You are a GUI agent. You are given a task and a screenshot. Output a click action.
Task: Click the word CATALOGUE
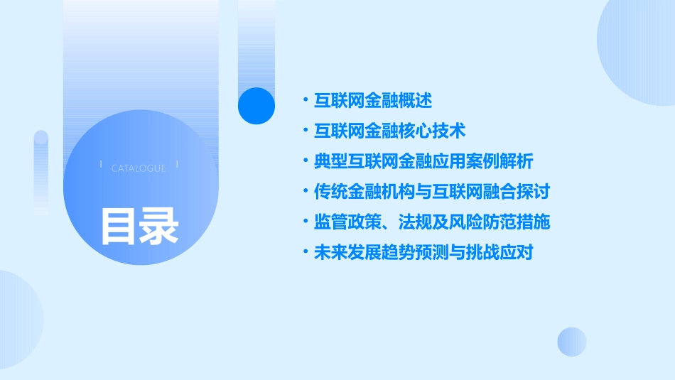coord(139,168)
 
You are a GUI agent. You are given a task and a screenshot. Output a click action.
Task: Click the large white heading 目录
coord(139,226)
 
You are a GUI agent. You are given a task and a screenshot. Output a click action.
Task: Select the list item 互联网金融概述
coord(373,101)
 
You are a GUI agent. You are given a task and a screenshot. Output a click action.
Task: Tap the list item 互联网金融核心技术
coord(389,131)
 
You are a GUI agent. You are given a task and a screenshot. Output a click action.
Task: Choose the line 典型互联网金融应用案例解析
coord(423,161)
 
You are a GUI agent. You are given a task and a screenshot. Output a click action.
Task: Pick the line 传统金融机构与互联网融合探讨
coord(432,192)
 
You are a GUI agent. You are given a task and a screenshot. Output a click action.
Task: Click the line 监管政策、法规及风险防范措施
coord(432,222)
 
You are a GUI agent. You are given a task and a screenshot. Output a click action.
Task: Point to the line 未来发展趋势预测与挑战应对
coord(423,252)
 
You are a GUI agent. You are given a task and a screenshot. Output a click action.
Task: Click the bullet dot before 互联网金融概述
coord(305,101)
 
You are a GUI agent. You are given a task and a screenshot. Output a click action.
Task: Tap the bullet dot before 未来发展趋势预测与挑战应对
coord(305,252)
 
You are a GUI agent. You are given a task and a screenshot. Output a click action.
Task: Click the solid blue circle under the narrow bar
coord(256,106)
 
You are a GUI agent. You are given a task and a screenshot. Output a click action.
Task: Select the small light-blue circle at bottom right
coord(572,342)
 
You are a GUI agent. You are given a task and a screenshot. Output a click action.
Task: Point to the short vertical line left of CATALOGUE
coord(101,164)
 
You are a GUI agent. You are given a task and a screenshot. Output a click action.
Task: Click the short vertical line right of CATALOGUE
coord(177,164)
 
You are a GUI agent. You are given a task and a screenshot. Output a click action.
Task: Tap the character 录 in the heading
coord(159,226)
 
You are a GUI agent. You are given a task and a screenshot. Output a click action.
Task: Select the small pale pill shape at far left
coord(41,170)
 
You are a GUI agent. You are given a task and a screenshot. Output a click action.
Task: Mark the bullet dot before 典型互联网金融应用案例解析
coord(305,161)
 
